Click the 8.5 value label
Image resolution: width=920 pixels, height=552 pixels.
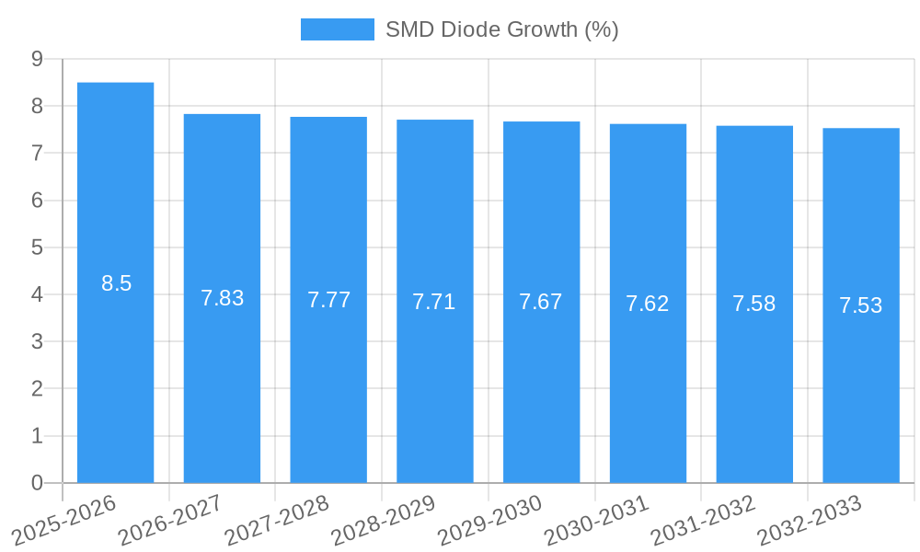[117, 283]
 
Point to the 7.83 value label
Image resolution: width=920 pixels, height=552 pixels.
[222, 298]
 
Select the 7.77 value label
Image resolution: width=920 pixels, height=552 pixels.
[328, 300]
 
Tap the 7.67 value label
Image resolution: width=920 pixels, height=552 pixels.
[541, 302]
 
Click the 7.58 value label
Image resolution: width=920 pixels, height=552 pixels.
[754, 304]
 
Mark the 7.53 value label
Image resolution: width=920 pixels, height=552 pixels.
[861, 305]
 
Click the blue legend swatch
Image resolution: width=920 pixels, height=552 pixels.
[337, 29]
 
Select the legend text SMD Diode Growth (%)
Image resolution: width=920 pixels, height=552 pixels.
[502, 29]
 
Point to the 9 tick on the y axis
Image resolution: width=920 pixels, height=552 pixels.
[37, 59]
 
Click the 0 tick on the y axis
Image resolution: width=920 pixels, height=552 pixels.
[37, 483]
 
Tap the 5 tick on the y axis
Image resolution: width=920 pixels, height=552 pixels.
[37, 247]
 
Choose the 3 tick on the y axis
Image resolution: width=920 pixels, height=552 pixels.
[37, 341]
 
